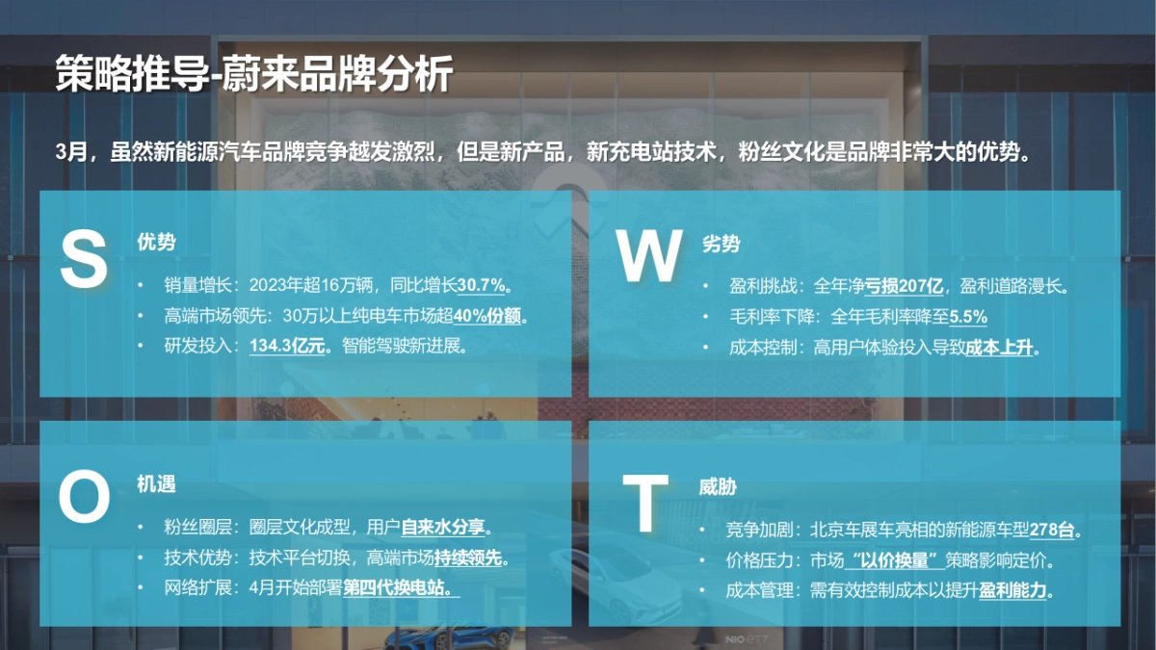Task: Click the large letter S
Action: pos(84,258)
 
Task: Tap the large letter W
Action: pos(649,256)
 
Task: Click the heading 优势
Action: pos(156,242)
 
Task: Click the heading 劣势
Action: pos(721,245)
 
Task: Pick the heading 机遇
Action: pos(156,484)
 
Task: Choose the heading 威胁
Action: pos(718,487)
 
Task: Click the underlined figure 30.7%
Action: pos(483,285)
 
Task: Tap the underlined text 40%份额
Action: pos(491,315)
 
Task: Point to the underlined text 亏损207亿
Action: pos(903,286)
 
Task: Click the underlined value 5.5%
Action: pos(968,317)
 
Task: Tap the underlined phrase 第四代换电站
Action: pos(400,586)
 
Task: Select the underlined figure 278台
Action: pos(1055,530)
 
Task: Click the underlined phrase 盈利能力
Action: pos(1014,590)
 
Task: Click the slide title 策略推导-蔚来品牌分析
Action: pos(253,74)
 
